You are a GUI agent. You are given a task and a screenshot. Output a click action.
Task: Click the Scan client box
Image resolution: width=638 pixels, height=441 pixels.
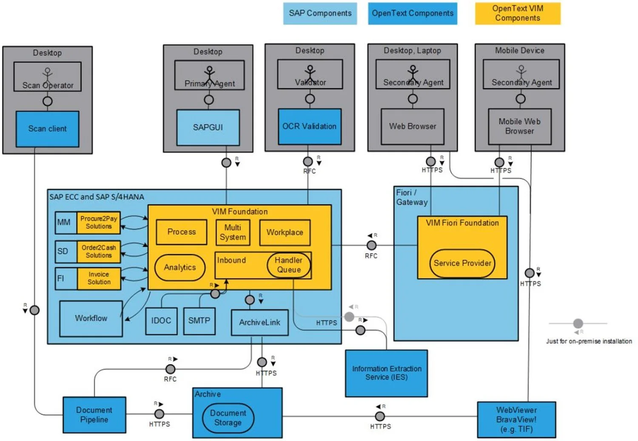tap(47, 129)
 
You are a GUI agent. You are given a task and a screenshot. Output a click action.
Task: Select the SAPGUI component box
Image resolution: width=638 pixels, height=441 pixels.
tap(208, 127)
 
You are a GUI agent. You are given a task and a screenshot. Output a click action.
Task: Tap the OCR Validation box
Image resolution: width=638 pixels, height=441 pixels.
tap(309, 126)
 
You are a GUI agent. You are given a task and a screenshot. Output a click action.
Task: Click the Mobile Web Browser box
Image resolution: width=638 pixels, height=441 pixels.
tap(519, 126)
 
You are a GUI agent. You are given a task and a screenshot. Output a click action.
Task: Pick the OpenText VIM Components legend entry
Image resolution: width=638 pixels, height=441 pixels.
tap(517, 13)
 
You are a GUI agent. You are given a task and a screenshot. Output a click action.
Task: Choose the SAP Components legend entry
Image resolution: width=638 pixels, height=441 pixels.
tap(320, 13)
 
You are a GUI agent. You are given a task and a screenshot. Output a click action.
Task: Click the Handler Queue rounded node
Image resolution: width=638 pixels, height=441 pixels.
tap(289, 265)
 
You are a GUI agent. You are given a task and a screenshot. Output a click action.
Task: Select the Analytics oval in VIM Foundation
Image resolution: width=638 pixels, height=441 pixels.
tap(179, 267)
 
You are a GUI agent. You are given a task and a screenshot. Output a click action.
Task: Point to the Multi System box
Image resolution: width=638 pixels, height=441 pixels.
tap(233, 233)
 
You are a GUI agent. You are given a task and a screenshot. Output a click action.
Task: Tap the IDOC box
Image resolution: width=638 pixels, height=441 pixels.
tap(161, 321)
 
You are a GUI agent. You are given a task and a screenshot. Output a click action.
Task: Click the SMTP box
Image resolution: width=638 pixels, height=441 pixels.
tap(199, 321)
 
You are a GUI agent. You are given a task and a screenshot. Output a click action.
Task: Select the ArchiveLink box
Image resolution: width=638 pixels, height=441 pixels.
tap(259, 322)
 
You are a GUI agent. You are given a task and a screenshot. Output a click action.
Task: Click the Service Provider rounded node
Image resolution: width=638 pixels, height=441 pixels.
tap(462, 263)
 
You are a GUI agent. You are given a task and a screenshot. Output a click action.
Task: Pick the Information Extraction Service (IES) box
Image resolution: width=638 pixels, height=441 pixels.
tap(386, 373)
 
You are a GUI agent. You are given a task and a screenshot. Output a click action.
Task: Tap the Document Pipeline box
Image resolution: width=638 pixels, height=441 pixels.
tap(94, 415)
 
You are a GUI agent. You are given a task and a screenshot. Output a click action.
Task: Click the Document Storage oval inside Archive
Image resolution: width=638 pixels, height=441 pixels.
tap(228, 418)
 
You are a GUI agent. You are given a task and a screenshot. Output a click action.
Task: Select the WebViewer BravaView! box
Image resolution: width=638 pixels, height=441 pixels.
tap(516, 419)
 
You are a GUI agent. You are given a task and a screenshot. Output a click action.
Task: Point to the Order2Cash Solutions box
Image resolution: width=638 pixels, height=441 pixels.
tap(99, 251)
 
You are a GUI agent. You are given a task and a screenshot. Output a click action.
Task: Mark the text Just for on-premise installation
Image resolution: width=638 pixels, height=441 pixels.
tap(589, 341)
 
